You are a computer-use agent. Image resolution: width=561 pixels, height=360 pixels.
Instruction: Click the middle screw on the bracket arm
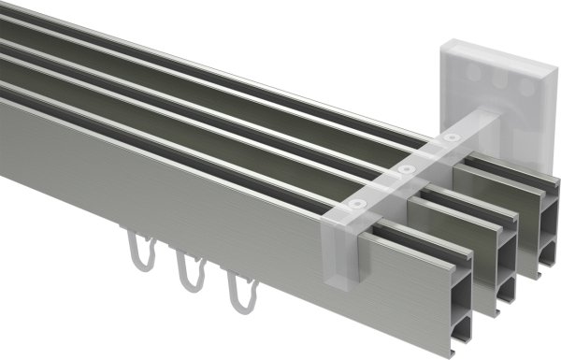coord(406,169)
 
